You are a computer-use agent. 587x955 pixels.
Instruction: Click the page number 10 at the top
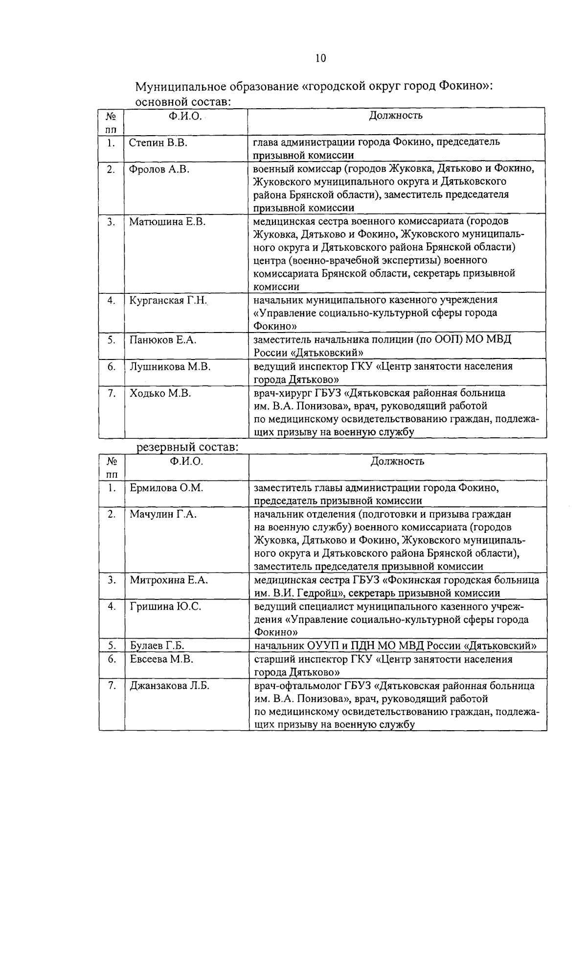(x=320, y=58)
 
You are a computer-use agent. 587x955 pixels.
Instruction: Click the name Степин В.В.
(x=158, y=143)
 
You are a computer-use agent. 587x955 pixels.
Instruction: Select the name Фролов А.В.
(x=159, y=169)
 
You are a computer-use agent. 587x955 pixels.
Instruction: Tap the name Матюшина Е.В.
(x=167, y=221)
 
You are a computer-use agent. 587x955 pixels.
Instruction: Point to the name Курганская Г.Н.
(x=169, y=300)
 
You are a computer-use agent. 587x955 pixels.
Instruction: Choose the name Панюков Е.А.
(x=163, y=339)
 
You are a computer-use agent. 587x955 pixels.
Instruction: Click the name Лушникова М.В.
(x=170, y=366)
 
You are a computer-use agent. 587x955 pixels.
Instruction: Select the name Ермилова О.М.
(x=166, y=488)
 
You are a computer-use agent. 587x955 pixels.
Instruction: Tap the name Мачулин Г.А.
(x=163, y=514)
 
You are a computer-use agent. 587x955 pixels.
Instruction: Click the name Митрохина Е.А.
(x=169, y=580)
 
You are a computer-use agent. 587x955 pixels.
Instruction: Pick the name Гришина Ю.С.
(x=165, y=606)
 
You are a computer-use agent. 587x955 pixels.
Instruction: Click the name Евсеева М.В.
(x=161, y=659)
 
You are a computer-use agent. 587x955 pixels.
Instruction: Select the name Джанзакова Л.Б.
(x=169, y=686)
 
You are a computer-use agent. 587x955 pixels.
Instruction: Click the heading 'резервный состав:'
(x=187, y=447)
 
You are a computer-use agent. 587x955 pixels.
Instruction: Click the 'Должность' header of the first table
(x=396, y=116)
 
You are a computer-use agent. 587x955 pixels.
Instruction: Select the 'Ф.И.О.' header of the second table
(x=186, y=461)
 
